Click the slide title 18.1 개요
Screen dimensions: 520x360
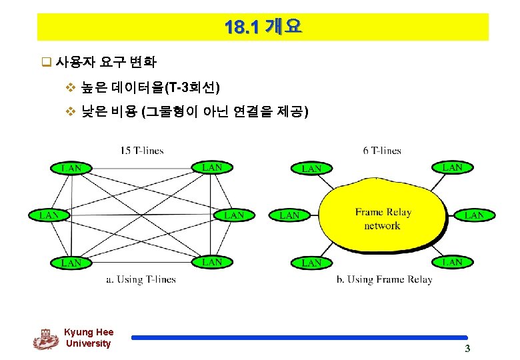pyautogui.click(x=263, y=27)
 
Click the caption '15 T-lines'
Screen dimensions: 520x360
pyautogui.click(x=142, y=151)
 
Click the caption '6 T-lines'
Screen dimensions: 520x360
pyautogui.click(x=382, y=151)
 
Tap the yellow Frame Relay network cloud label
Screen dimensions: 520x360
pyautogui.click(x=383, y=219)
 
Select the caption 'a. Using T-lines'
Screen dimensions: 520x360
pyautogui.click(x=141, y=279)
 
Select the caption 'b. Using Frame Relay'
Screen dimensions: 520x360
pyautogui.click(x=384, y=279)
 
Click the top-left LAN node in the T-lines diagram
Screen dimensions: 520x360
pyautogui.click(x=71, y=168)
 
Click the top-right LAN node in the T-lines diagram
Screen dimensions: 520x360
pyautogui.click(x=212, y=167)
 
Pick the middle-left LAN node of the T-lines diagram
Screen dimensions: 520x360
pyautogui.click(x=49, y=215)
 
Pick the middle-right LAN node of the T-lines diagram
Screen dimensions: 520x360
pyautogui.click(x=234, y=215)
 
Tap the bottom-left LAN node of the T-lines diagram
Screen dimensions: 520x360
pyautogui.click(x=71, y=263)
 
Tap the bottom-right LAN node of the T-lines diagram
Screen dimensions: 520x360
pyautogui.click(x=212, y=262)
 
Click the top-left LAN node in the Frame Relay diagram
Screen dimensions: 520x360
pyautogui.click(x=311, y=169)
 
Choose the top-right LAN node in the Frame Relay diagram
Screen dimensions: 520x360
pyautogui.click(x=453, y=167)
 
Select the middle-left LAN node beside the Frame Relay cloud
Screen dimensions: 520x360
pyautogui.click(x=289, y=215)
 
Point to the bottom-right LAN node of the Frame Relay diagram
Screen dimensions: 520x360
pyautogui.click(x=453, y=262)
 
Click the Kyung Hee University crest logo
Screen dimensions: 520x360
pyautogui.click(x=45, y=339)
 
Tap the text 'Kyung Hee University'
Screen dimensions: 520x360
pyautogui.click(x=89, y=337)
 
